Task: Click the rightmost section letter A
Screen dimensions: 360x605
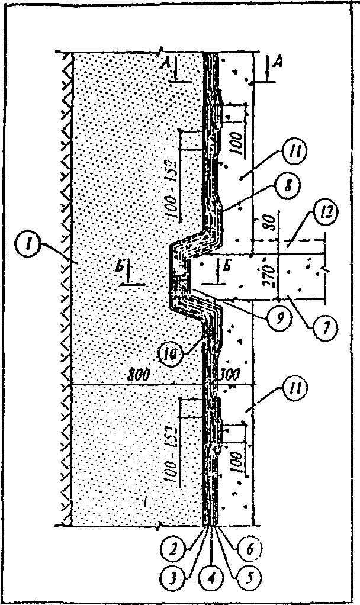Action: [x=275, y=60]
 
